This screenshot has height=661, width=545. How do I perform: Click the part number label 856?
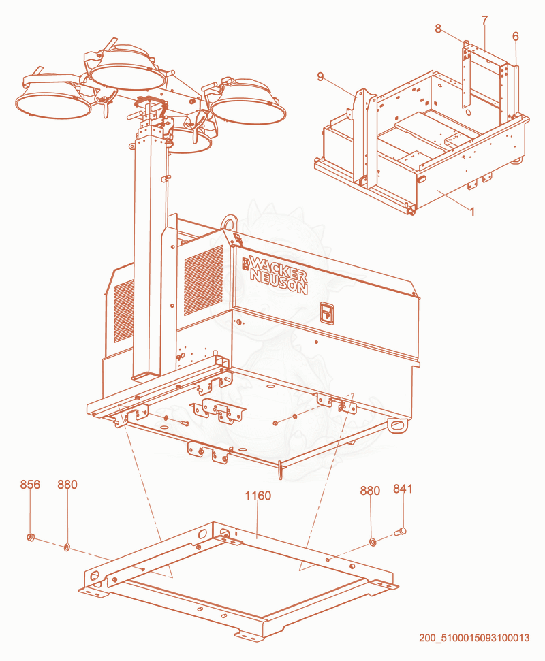click(30, 485)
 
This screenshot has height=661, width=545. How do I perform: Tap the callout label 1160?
click(258, 496)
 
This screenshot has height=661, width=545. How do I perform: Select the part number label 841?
click(403, 489)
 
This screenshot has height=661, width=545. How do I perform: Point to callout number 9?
click(321, 77)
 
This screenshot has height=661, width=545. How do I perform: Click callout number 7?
click(484, 20)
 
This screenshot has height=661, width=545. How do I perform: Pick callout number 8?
click(438, 29)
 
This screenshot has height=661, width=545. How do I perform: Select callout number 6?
click(516, 37)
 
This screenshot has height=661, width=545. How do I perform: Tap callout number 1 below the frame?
click(472, 212)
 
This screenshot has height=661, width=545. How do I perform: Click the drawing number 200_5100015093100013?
click(474, 638)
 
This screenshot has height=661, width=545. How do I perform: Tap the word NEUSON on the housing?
click(279, 282)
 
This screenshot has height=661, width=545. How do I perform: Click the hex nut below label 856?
click(31, 537)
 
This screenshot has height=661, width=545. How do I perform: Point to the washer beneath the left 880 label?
click(67, 547)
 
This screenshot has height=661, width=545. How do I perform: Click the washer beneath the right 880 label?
click(373, 541)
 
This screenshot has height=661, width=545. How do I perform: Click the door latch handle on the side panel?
click(327, 312)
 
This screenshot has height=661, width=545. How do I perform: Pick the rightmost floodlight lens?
click(249, 110)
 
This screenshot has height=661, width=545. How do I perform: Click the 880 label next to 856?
click(67, 485)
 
